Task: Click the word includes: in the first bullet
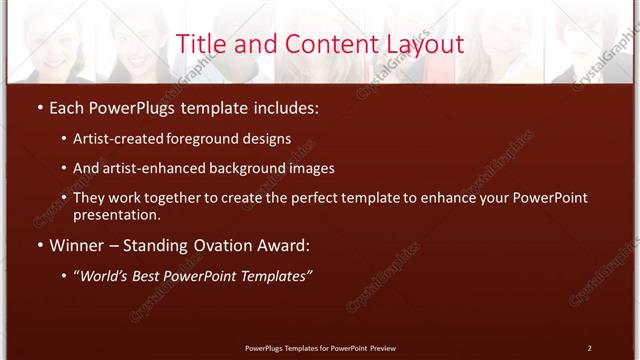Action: tap(284, 105)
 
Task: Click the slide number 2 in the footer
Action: tap(590, 348)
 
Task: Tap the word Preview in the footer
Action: tap(383, 348)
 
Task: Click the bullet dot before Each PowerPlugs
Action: tap(39, 105)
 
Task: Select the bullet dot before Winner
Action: tap(39, 245)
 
